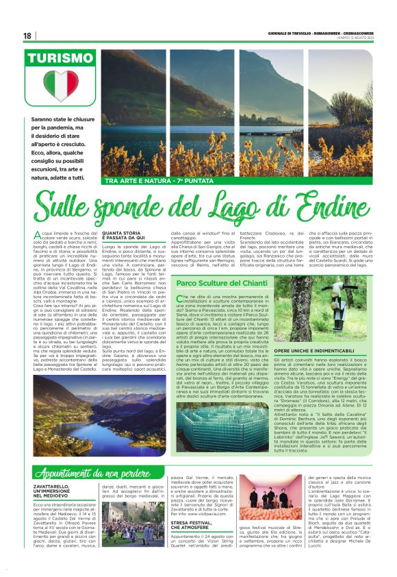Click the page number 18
(x=27, y=36)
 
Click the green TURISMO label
(x=61, y=60)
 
